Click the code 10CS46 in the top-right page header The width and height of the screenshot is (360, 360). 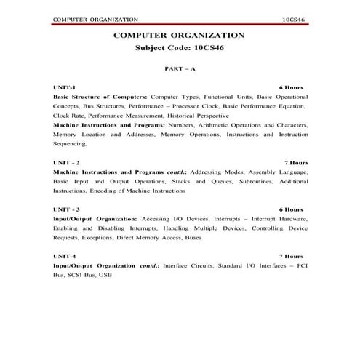(x=294, y=17)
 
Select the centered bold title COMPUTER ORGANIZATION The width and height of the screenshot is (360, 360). (x=179, y=35)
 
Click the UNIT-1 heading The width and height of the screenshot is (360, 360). (x=64, y=87)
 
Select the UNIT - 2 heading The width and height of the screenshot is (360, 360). (x=66, y=162)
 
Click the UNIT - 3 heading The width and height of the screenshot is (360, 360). (x=66, y=209)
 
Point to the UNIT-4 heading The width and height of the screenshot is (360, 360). (x=64, y=257)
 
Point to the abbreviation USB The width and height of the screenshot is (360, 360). (x=105, y=276)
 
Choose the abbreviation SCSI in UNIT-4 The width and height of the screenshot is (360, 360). (x=73, y=276)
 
